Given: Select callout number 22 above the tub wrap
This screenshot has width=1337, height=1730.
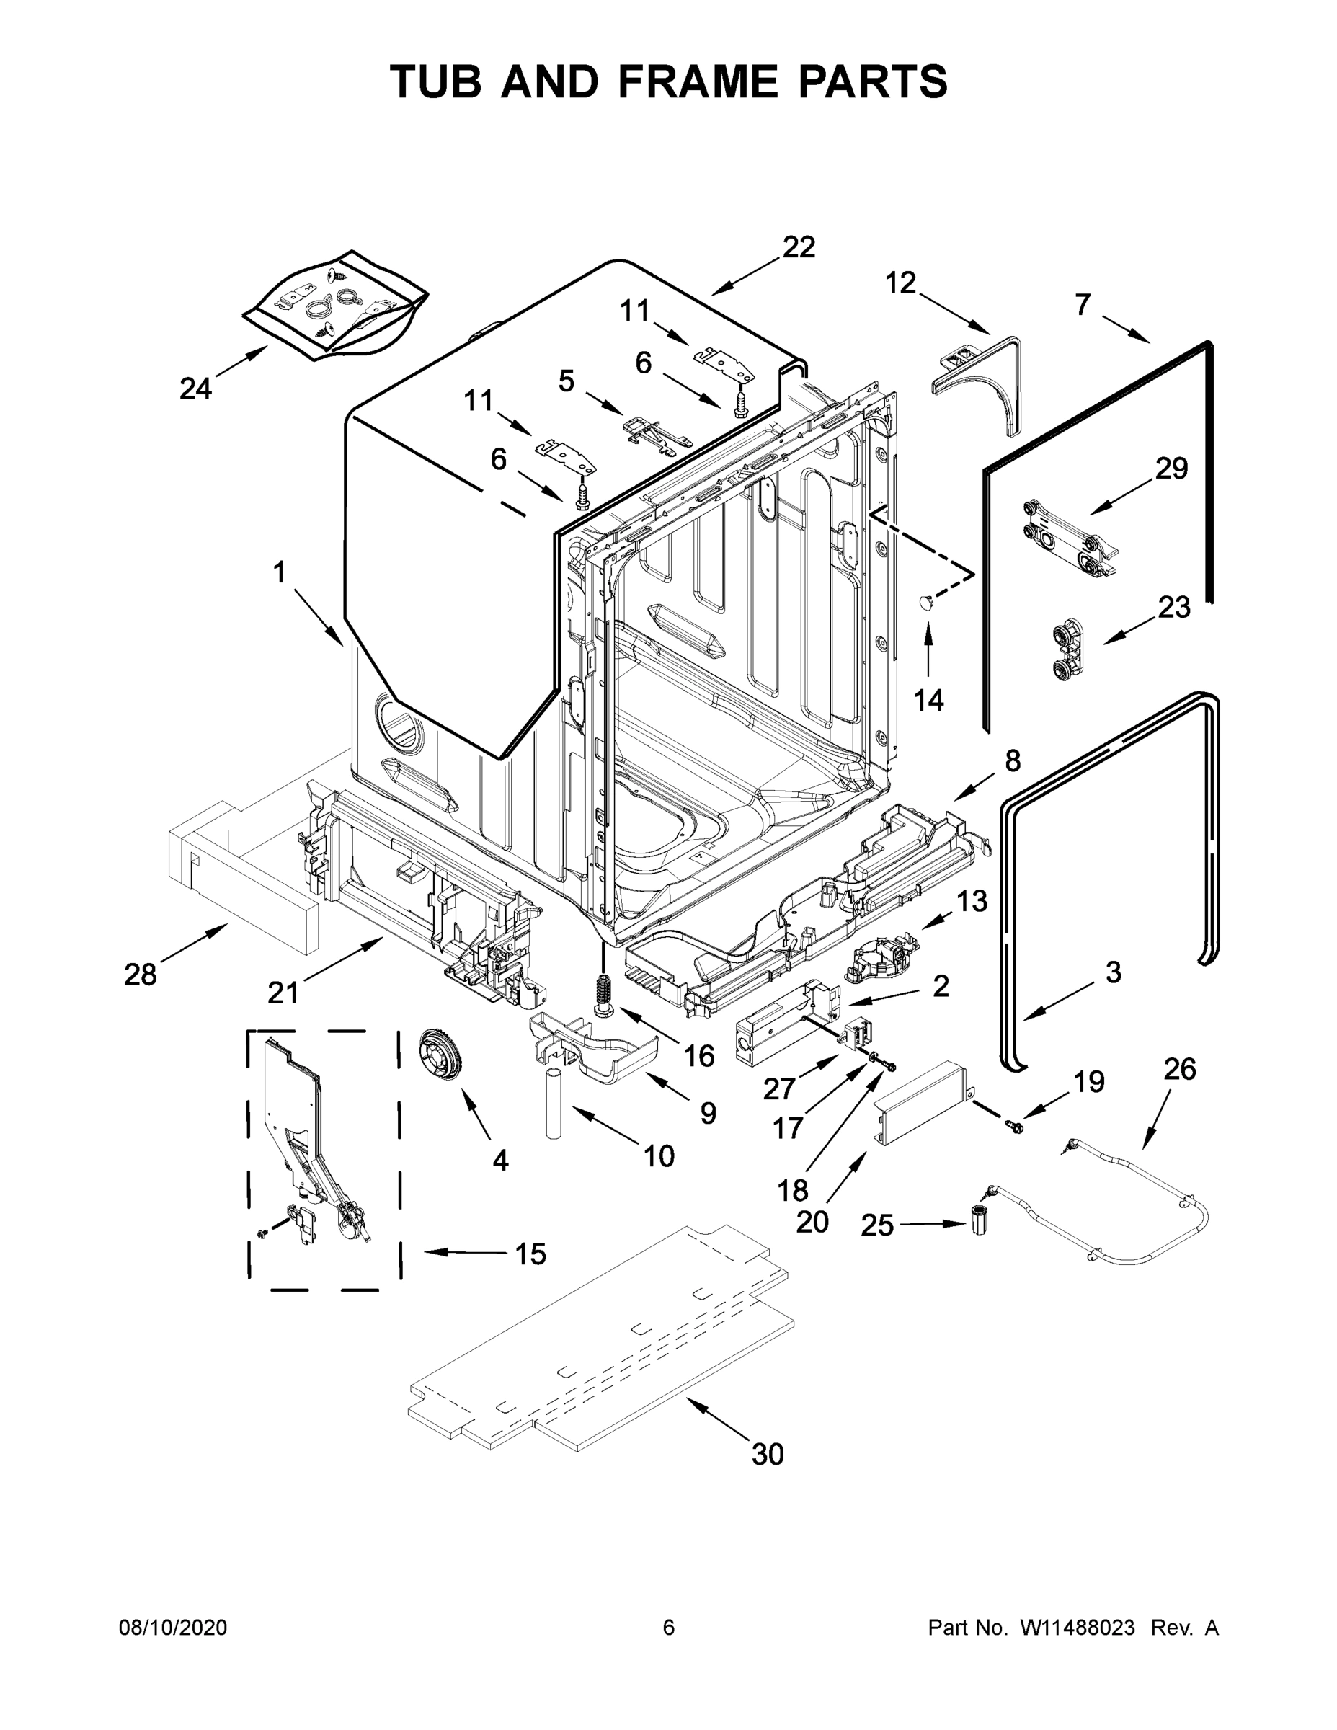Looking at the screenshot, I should point(799,247).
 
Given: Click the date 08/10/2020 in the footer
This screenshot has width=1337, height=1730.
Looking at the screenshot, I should point(173,1627).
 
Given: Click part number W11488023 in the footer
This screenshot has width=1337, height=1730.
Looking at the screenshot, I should point(1078,1627).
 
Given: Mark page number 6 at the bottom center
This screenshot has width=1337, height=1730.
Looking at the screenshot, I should point(669,1627).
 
